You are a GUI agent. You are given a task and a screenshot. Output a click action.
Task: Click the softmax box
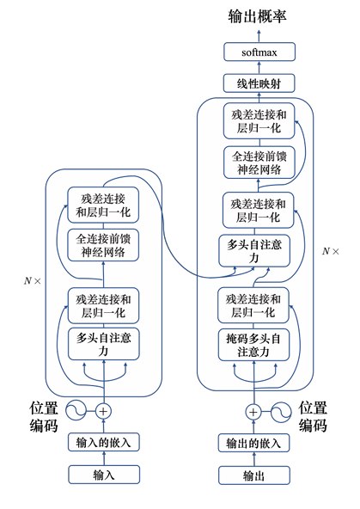tap(259, 52)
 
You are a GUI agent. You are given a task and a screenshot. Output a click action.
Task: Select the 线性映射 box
tap(259, 83)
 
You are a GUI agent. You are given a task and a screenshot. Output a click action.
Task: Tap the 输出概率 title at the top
tap(257, 16)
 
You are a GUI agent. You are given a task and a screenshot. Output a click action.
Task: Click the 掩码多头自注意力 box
tap(253, 345)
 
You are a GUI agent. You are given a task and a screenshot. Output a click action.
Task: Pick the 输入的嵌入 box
tap(103, 442)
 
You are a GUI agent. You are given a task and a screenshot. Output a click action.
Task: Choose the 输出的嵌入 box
tap(253, 443)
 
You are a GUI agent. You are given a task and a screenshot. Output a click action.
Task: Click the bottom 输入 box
tap(104, 475)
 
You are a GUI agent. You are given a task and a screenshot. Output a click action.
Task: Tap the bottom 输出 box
tap(254, 475)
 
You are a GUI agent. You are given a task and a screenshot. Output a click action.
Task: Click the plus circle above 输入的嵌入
tap(103, 411)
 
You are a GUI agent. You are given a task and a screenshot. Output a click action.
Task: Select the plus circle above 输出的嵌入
tap(253, 412)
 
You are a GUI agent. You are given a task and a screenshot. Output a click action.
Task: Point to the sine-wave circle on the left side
tap(76, 411)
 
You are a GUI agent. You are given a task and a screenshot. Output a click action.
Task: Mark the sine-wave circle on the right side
tap(281, 412)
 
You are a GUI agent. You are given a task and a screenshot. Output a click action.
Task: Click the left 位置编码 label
tap(44, 417)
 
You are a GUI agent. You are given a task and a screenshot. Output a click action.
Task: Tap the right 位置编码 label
tap(313, 416)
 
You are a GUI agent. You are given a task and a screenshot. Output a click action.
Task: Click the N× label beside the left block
tap(33, 281)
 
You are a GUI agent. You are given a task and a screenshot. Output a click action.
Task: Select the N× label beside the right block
tap(331, 251)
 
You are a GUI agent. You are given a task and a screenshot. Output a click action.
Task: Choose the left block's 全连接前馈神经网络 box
tap(103, 245)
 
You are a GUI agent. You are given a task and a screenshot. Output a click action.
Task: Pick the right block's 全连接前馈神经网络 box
tap(259, 163)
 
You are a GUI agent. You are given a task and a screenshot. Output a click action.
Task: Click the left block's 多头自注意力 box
tap(104, 344)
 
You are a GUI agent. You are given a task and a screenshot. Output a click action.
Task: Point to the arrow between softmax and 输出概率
tap(259, 36)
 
